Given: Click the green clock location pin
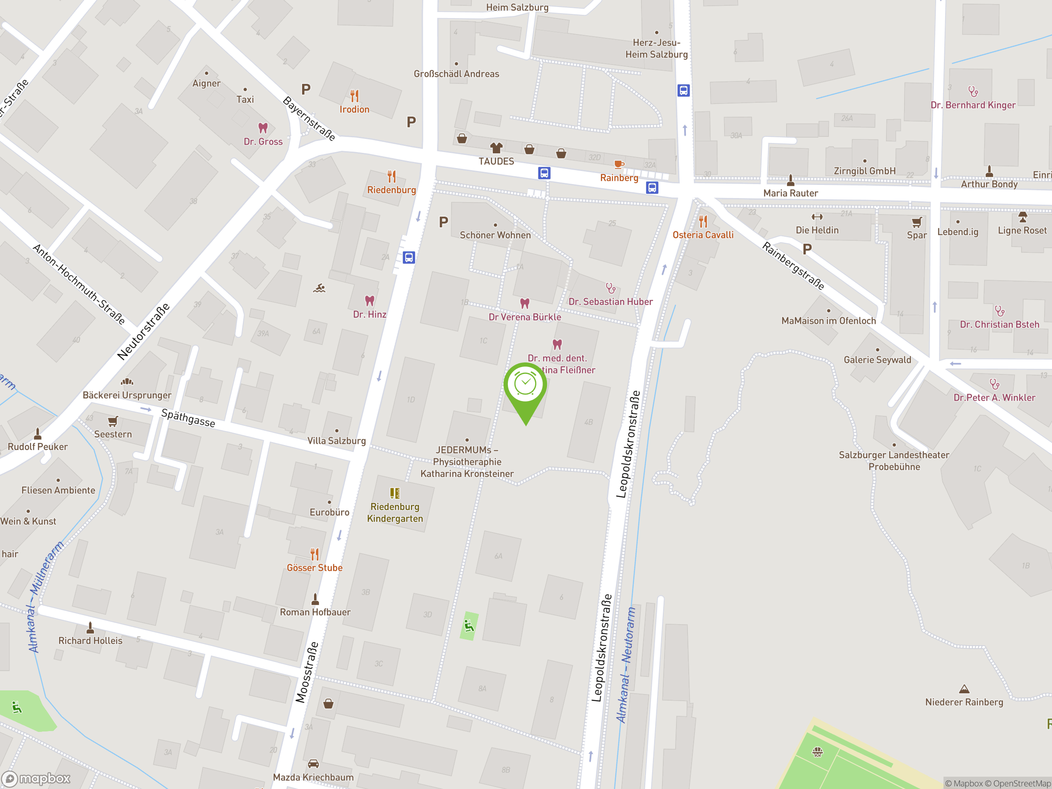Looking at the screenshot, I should pyautogui.click(x=525, y=385).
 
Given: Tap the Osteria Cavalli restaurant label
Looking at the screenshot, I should pyautogui.click(x=703, y=235).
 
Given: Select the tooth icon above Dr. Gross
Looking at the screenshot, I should pyautogui.click(x=263, y=128).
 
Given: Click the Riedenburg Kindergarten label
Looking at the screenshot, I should pyautogui.click(x=395, y=513).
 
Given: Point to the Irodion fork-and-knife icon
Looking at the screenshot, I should pyautogui.click(x=354, y=96).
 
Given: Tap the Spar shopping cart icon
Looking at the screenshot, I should pyautogui.click(x=916, y=222).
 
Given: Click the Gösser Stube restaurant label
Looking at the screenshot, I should pyautogui.click(x=314, y=568).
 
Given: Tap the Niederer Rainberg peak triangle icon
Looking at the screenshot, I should pyautogui.click(x=964, y=689).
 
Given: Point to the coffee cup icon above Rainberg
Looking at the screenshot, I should pyautogui.click(x=619, y=164).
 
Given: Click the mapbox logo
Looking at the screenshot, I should pyautogui.click(x=36, y=779).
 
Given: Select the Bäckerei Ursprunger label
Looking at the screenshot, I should pyautogui.click(x=127, y=395).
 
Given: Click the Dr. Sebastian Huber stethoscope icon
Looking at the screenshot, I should pyautogui.click(x=611, y=288).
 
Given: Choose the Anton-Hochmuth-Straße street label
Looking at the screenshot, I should pyautogui.click(x=79, y=284).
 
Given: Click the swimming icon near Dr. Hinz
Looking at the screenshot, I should pyautogui.click(x=319, y=288).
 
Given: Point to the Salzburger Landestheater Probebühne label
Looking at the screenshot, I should pyautogui.click(x=894, y=461).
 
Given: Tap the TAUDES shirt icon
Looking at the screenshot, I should pyautogui.click(x=496, y=148).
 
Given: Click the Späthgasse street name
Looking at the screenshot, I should pyautogui.click(x=188, y=418).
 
